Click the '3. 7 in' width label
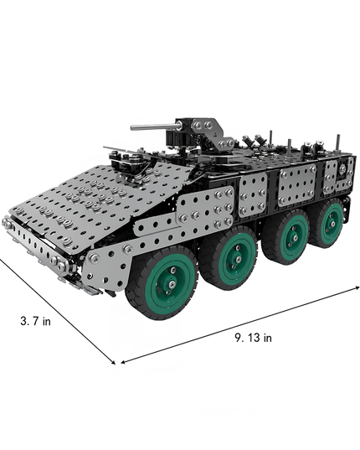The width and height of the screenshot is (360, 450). (35, 319)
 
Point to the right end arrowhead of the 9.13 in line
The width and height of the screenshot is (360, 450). (357, 285)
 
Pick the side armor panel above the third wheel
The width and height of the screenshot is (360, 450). (297, 182)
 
